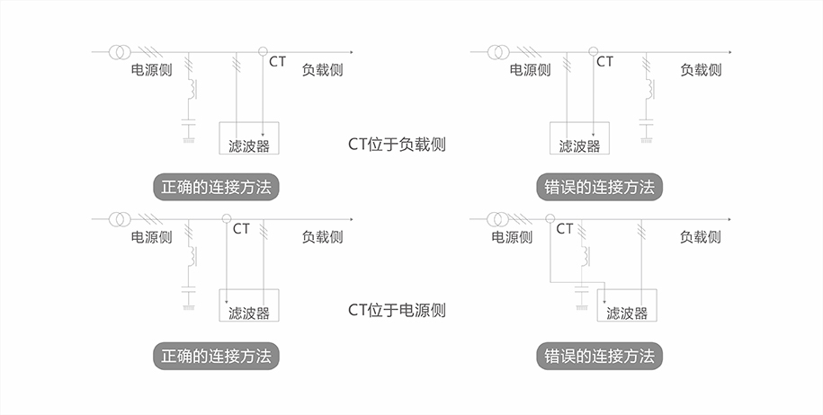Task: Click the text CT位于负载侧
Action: click(x=397, y=144)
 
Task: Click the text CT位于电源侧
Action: click(x=397, y=310)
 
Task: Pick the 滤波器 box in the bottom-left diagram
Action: click(x=249, y=305)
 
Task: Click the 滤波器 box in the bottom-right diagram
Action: click(x=627, y=305)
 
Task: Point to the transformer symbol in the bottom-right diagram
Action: click(x=498, y=218)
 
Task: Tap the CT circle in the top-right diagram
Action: click(x=592, y=51)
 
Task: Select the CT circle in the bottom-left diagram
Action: click(x=226, y=218)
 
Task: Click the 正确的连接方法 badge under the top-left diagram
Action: click(x=216, y=188)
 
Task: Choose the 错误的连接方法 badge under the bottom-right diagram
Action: click(x=599, y=355)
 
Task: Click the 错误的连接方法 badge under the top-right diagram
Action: click(x=599, y=188)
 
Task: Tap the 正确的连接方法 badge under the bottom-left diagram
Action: click(x=216, y=355)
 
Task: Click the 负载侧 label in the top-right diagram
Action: click(x=700, y=70)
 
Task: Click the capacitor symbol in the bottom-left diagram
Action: click(x=189, y=291)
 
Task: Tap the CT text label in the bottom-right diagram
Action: click(x=564, y=229)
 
